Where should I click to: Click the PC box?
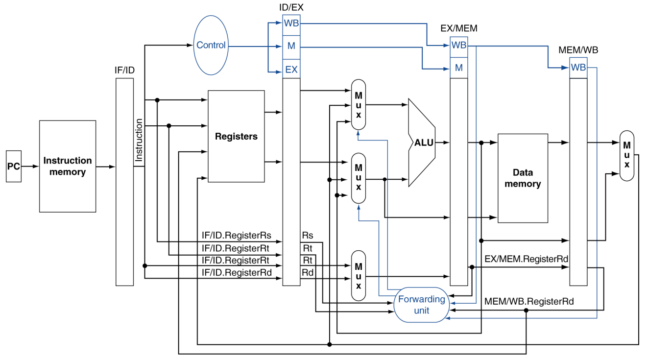14,166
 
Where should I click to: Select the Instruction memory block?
68,167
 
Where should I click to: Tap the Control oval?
211,46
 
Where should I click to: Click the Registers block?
236,136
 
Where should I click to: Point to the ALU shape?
422,143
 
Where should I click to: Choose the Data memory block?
523,178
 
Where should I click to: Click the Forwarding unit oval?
422,305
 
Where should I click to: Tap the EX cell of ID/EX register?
291,69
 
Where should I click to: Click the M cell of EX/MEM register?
459,68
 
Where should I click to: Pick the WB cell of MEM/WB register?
578,68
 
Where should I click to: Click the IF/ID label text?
125,70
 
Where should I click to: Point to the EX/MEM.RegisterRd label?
526,259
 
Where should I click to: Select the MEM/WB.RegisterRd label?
529,301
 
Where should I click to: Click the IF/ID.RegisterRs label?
237,235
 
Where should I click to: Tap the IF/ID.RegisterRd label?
237,272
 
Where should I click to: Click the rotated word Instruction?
139,140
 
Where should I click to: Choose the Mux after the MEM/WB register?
626,156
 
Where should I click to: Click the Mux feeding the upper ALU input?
359,105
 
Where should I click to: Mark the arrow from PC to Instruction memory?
30,167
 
